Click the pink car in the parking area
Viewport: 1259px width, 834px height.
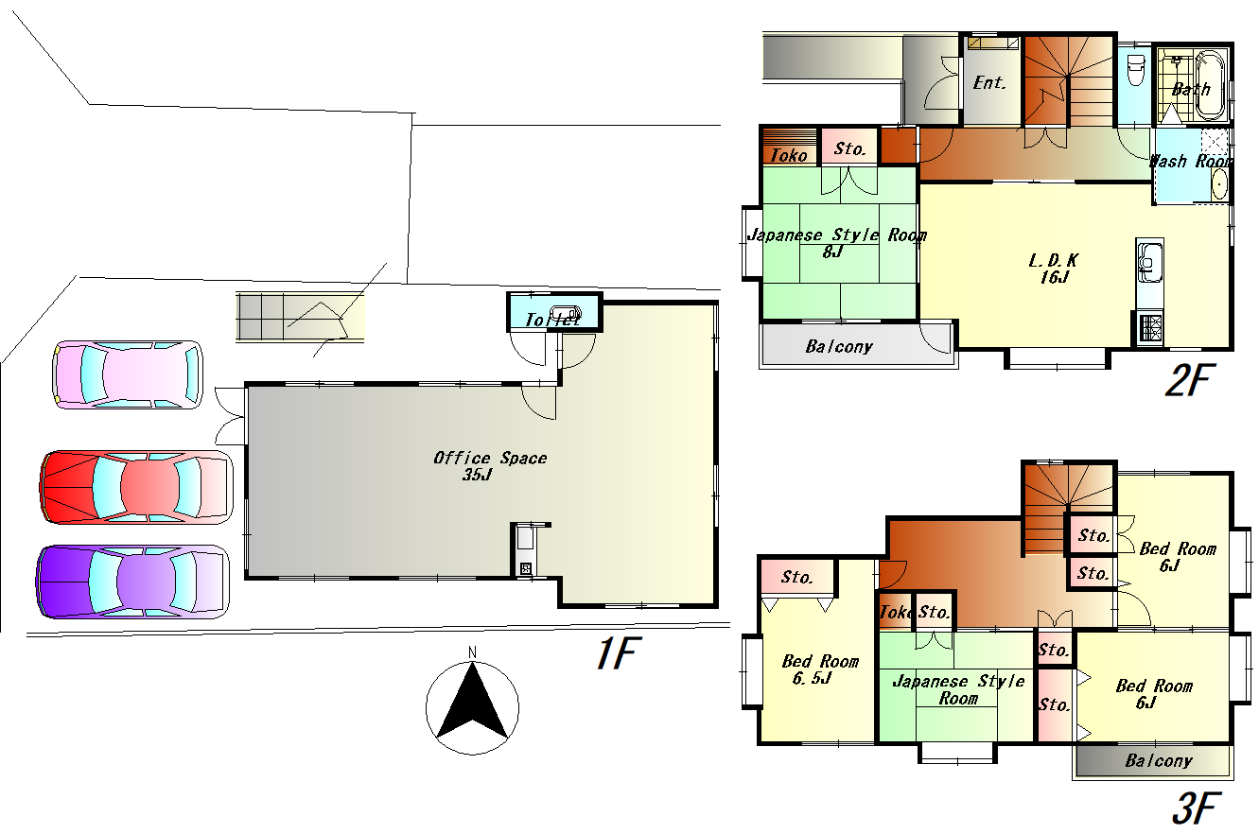128,374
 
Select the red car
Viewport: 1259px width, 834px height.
136,487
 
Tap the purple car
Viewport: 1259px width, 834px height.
132,582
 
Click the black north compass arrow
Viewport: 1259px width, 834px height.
472,701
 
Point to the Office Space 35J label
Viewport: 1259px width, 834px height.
490,466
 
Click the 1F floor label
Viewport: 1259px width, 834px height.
617,653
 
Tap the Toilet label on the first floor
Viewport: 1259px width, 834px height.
552,320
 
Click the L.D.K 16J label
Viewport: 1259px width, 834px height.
1054,269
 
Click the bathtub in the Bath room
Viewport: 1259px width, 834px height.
1211,85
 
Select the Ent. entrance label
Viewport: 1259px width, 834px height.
989,83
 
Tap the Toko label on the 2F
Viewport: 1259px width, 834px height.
789,155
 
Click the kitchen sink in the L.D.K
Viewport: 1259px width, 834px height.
1150,261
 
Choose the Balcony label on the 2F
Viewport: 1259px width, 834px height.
839,347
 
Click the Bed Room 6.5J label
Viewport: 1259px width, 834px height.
820,669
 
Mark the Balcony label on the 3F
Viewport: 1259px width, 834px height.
1159,761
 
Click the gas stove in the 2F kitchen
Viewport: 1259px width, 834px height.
1150,329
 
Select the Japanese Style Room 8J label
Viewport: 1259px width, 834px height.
837,243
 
